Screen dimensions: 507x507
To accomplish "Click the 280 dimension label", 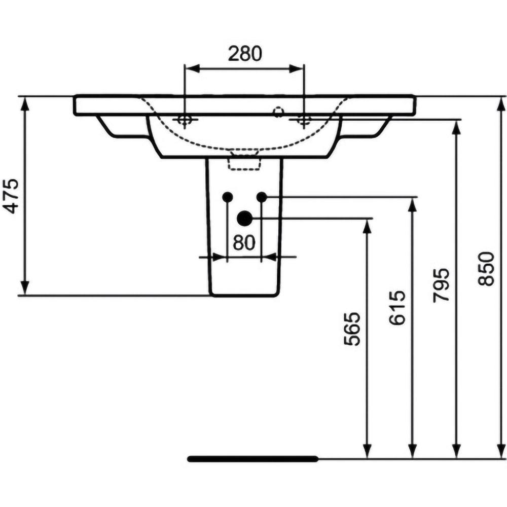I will pos(244,53).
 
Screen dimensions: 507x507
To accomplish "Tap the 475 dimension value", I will pos(11,195).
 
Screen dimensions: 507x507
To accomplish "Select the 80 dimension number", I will pos(244,243).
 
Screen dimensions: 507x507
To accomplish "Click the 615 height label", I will pos(397,308).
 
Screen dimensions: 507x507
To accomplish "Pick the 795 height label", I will pos(442,285).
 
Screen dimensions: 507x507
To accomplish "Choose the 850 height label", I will pos(487,269).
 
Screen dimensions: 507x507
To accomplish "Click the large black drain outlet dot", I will pos(244,218).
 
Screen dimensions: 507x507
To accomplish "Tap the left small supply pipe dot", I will pos(227,196).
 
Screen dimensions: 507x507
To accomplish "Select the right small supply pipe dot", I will pos(262,196).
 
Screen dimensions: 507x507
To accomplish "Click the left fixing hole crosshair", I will pos(184,120).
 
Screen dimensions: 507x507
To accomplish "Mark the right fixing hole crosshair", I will pos(304,120).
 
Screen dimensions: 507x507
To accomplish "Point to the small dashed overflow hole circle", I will pos(278,110).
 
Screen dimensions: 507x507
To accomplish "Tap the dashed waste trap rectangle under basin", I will pos(244,163).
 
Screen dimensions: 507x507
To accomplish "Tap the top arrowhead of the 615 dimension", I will pos(413,204).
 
